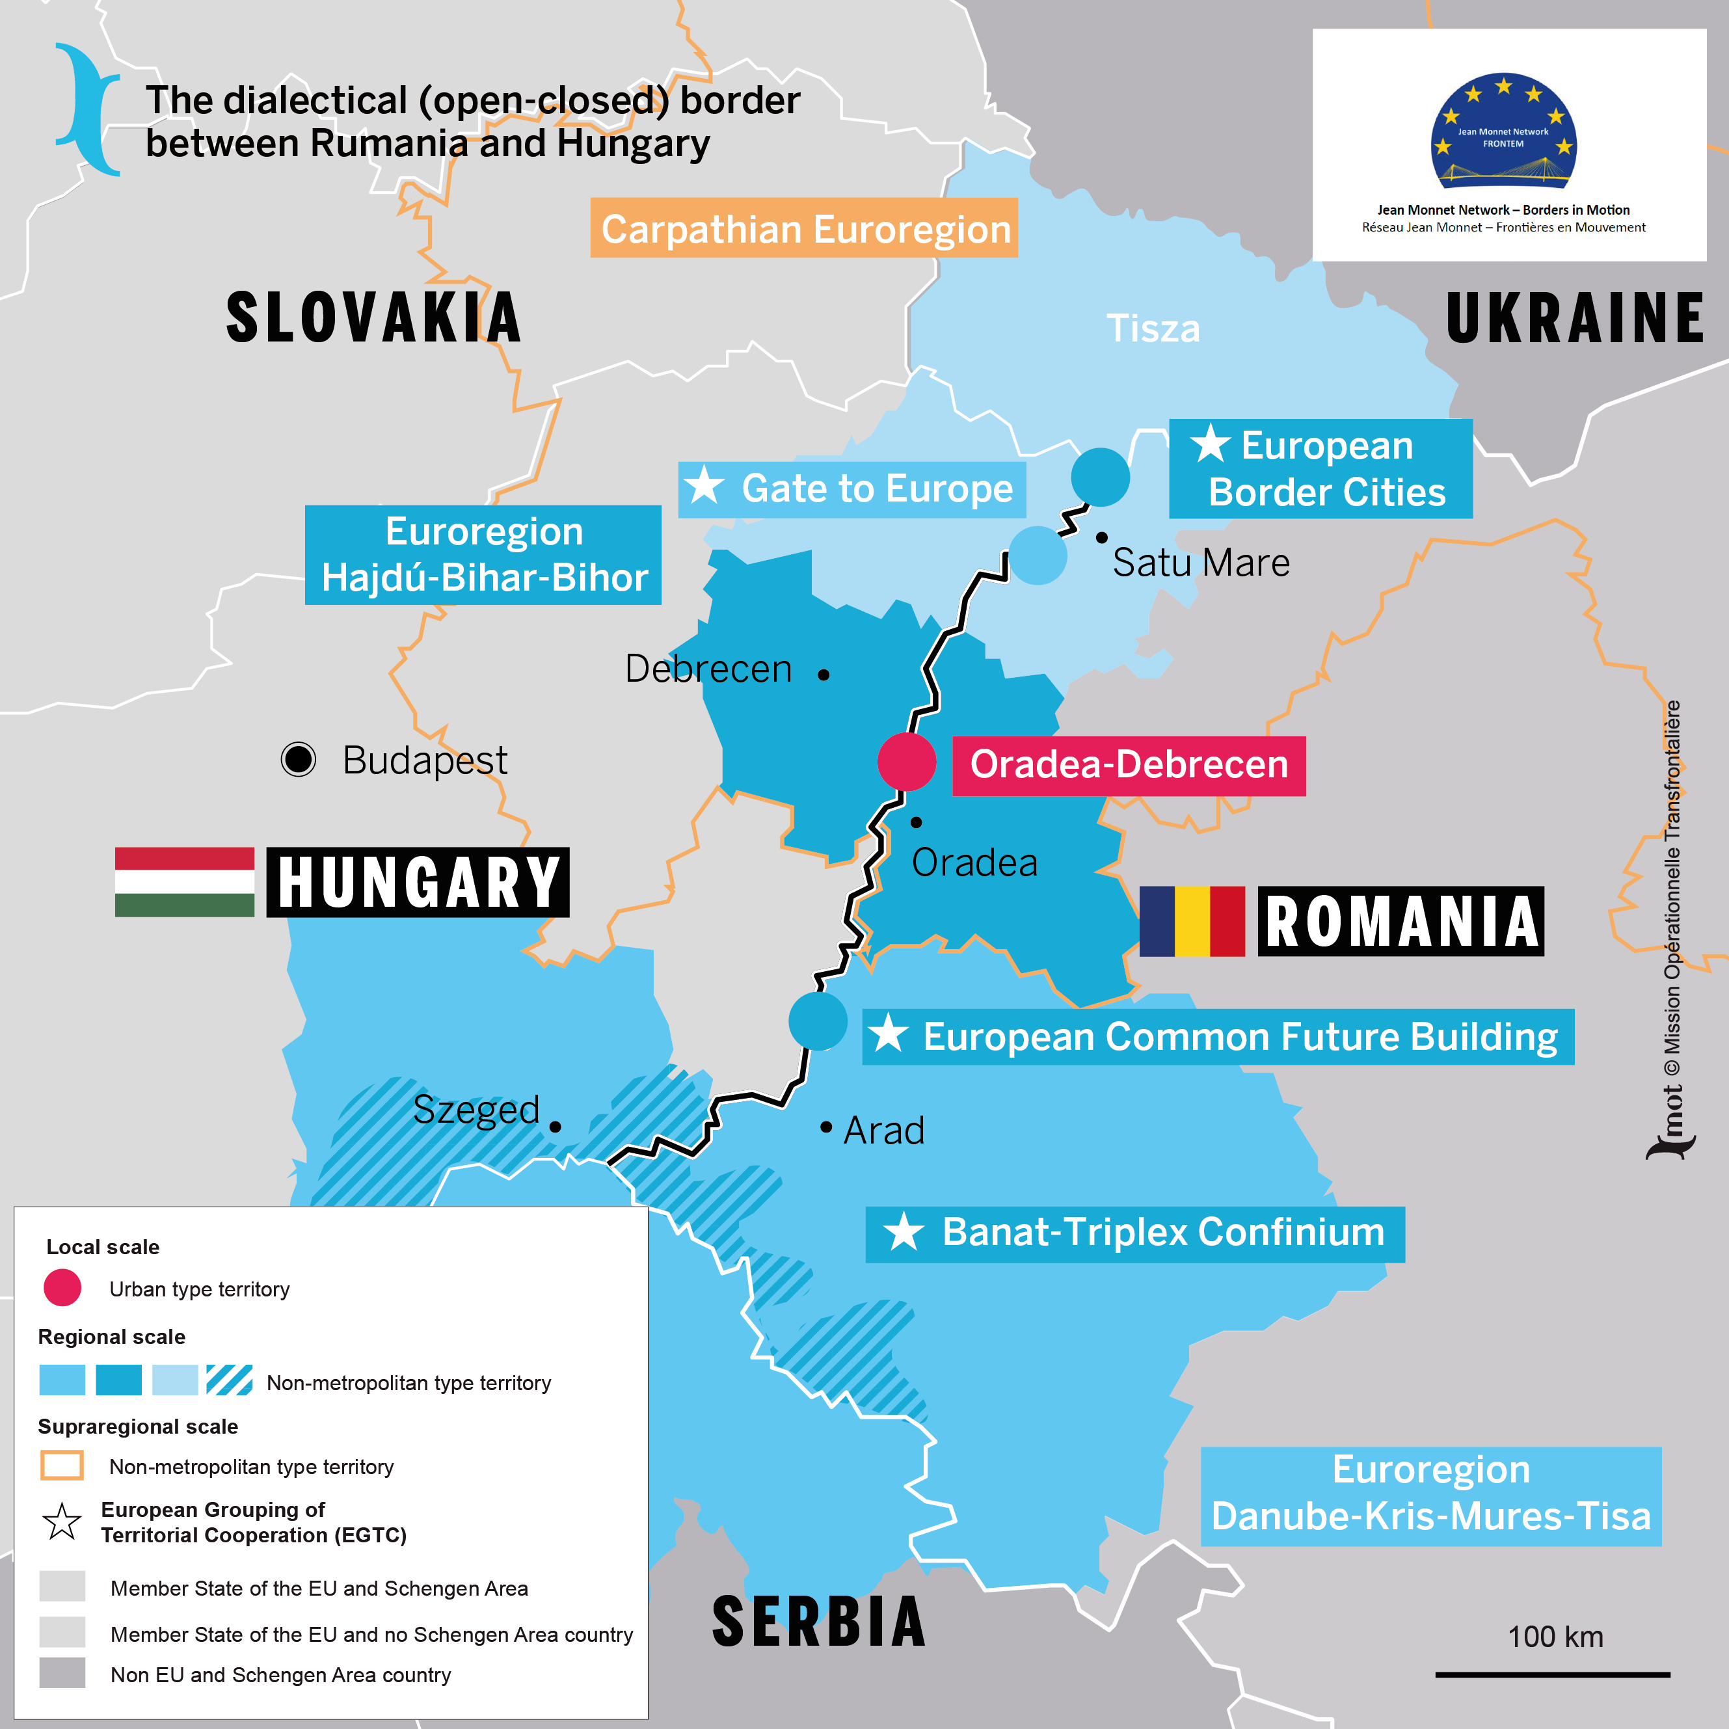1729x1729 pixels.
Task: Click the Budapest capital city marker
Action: [298, 759]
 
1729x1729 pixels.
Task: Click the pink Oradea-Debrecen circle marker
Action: [907, 762]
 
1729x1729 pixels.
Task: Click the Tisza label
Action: [1153, 328]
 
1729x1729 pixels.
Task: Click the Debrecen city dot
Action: [824, 675]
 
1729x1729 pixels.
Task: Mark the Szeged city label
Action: [476, 1110]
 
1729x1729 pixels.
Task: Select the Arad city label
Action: [883, 1131]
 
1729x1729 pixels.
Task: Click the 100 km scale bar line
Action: [1552, 1674]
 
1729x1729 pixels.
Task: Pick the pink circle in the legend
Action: [62, 1288]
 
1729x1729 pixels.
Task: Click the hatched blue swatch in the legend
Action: [229, 1379]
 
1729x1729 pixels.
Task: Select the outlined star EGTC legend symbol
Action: [62, 1521]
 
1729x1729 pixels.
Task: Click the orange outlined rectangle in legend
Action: [62, 1465]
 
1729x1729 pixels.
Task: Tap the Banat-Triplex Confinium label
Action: [1134, 1233]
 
